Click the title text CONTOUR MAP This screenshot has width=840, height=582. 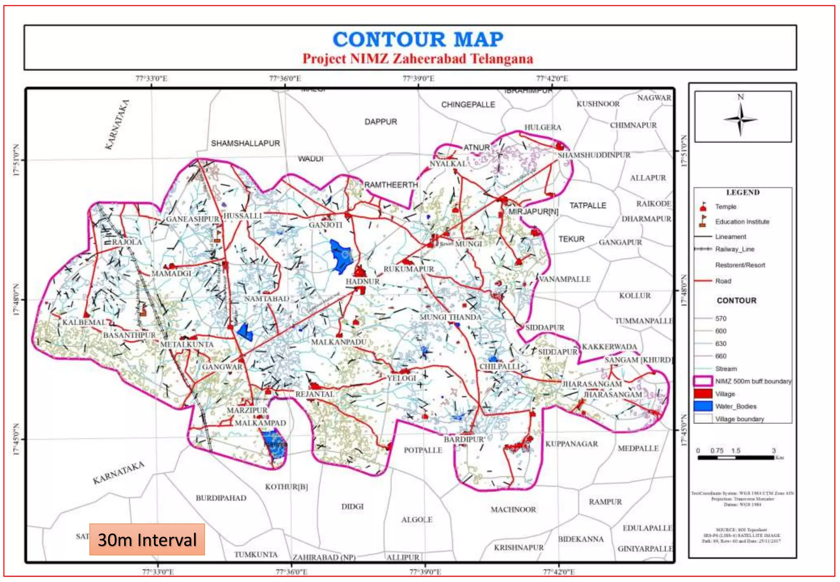coord(418,39)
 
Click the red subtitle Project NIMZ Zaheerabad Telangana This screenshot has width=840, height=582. coord(418,59)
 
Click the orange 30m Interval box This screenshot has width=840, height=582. coord(147,539)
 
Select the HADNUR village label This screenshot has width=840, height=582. coord(363,282)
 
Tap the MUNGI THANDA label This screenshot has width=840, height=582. coord(450,317)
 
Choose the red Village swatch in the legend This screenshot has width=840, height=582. coord(703,394)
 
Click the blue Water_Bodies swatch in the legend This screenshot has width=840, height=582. coord(703,406)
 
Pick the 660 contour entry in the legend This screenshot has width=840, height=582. coord(720,356)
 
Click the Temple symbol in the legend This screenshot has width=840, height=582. coord(703,206)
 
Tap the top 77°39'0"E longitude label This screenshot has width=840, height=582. coord(418,78)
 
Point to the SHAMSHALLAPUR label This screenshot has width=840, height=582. coord(245,143)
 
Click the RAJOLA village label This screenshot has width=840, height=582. coord(127,242)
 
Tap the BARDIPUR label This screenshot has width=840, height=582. coord(464,440)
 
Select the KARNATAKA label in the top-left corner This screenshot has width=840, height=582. coord(117,125)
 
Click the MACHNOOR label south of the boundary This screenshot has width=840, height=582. coord(513,510)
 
